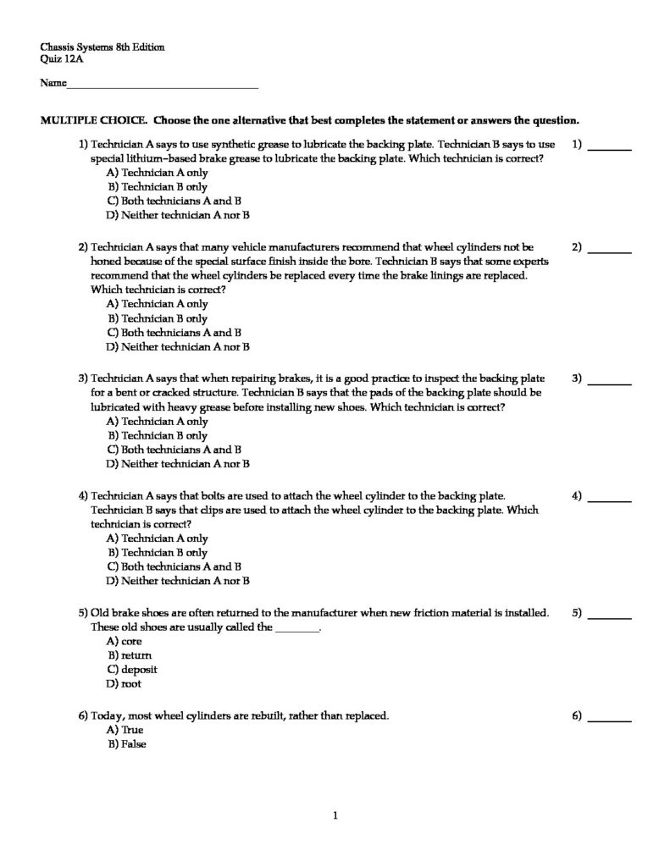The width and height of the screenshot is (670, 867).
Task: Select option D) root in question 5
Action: [x=124, y=683]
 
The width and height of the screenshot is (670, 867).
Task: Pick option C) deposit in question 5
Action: [x=132, y=670]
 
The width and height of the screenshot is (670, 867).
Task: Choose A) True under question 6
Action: [x=125, y=730]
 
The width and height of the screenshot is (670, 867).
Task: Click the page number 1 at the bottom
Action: [x=335, y=815]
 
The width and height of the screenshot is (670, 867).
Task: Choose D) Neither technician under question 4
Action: [x=178, y=581]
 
